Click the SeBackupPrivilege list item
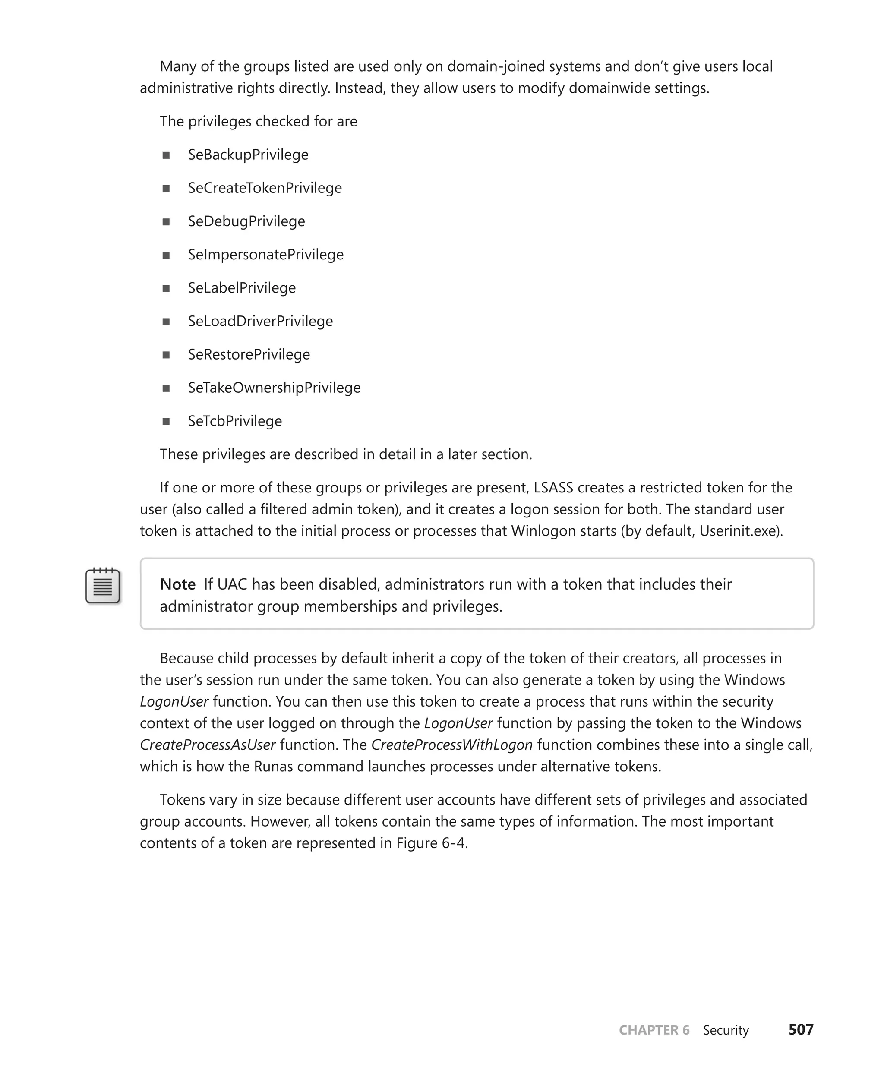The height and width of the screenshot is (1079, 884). click(248, 155)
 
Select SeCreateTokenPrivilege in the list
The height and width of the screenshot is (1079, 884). click(265, 188)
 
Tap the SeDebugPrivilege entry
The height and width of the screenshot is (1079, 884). click(246, 221)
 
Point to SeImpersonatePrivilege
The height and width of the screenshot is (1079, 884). click(266, 255)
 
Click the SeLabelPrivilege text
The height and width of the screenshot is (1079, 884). click(242, 288)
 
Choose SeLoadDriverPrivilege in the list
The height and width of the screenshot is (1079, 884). click(260, 321)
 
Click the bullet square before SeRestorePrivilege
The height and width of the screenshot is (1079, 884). click(166, 355)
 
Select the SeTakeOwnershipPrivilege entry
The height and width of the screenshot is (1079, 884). click(274, 388)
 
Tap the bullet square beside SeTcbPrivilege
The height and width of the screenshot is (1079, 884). click(166, 422)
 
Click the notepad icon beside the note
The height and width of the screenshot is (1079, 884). click(103, 586)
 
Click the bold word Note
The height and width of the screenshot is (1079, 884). click(178, 584)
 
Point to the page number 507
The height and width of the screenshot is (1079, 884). click(801, 1030)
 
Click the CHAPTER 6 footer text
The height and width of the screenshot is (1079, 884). click(654, 1030)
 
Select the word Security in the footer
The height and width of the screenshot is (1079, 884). click(726, 1030)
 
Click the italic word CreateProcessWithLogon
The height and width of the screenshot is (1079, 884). click(451, 745)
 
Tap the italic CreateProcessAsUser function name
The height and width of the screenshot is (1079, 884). click(208, 745)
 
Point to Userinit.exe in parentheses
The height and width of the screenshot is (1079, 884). click(739, 531)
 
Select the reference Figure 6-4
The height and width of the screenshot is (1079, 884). click(431, 843)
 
